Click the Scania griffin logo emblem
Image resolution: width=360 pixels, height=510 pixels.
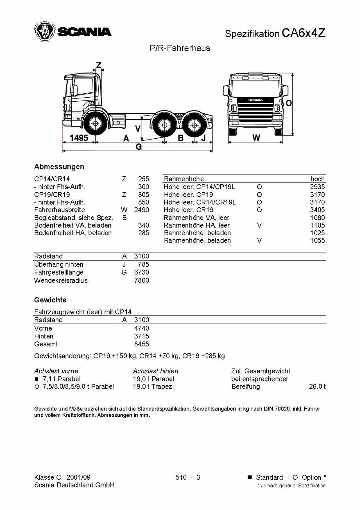click(x=44, y=32)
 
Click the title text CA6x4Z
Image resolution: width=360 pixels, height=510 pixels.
click(x=303, y=33)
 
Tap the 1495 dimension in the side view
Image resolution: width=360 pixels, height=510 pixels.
click(x=79, y=138)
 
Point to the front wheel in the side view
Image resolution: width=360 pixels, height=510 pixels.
click(x=95, y=124)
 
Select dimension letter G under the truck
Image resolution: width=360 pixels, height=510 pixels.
click(x=139, y=147)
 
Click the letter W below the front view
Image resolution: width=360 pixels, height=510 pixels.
click(x=256, y=138)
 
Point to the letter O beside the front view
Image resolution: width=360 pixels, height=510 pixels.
click(x=288, y=103)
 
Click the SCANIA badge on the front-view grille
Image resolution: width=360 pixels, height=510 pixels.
click(x=256, y=100)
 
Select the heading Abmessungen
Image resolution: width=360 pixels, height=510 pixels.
click(x=59, y=167)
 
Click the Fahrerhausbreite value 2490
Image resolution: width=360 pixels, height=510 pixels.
click(x=142, y=210)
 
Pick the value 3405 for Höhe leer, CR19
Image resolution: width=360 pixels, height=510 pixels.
click(x=317, y=210)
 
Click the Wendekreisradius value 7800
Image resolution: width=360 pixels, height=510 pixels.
click(x=142, y=280)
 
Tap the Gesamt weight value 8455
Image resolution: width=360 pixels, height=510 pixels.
click(x=142, y=344)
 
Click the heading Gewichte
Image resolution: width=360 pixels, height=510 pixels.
click(x=50, y=300)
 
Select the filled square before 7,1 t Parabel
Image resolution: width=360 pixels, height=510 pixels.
click(x=36, y=379)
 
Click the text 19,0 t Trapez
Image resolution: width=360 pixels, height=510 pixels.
click(x=152, y=387)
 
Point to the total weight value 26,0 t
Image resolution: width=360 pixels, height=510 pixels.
click(x=317, y=387)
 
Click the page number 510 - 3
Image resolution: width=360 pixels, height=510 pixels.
click(x=188, y=478)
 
